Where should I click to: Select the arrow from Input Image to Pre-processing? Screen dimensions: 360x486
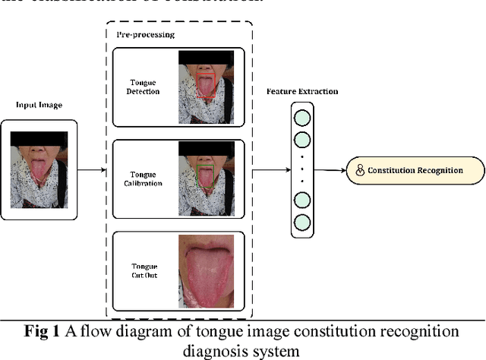point(91,169)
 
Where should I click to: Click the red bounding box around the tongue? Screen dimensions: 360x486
point(206,86)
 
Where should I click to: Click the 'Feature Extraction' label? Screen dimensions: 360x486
point(301,92)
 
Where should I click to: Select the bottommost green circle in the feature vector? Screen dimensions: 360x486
point(302,223)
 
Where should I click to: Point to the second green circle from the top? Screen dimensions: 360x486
point(302,141)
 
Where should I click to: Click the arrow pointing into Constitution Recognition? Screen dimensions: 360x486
point(330,170)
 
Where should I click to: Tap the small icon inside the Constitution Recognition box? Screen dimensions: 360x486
point(359,170)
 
